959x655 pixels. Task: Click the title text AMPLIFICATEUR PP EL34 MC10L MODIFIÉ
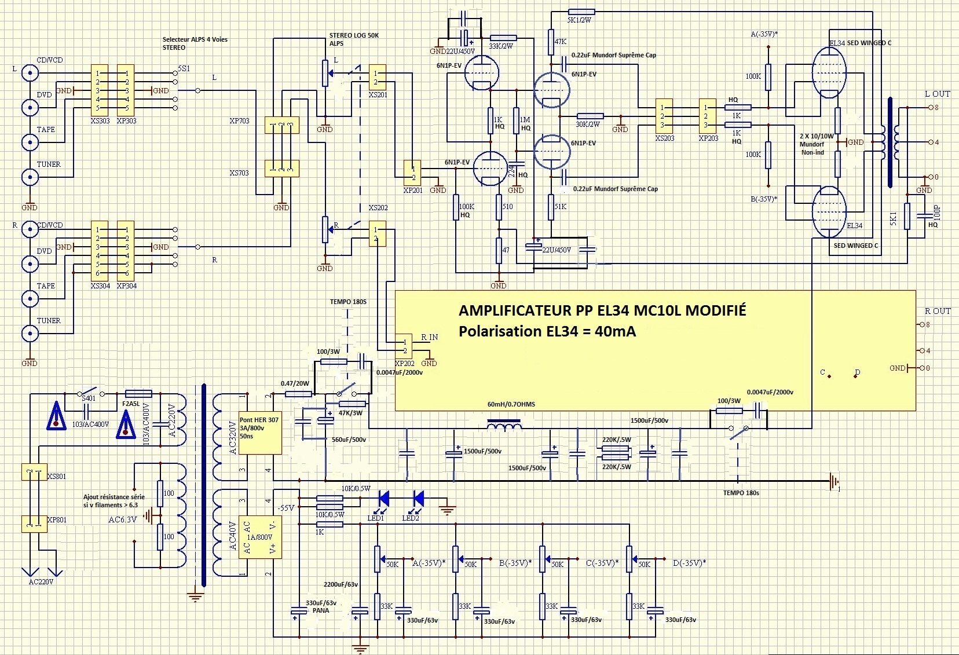pyautogui.click(x=602, y=310)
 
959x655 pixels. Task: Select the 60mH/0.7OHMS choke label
pyautogui.click(x=511, y=404)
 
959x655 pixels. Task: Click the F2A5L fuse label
pyautogui.click(x=131, y=404)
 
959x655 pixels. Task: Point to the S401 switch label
pyautogui.click(x=89, y=398)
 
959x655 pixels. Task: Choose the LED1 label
pyautogui.click(x=376, y=518)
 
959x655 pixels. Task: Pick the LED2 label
pyautogui.click(x=411, y=518)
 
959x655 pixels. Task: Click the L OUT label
pyautogui.click(x=937, y=94)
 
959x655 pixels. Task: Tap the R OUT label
pyautogui.click(x=938, y=311)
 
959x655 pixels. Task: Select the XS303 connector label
pyautogui.click(x=100, y=121)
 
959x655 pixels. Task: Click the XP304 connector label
pyautogui.click(x=127, y=286)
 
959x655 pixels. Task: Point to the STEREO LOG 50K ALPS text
pyautogui.click(x=354, y=39)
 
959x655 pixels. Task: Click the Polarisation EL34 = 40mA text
pyautogui.click(x=547, y=331)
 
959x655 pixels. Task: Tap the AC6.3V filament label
pyautogui.click(x=123, y=519)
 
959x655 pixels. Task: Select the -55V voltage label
pyautogui.click(x=286, y=507)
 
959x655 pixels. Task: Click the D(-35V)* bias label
pyautogui.click(x=689, y=563)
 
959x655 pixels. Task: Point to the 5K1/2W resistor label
pyautogui.click(x=579, y=20)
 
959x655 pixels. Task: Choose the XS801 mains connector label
pyautogui.click(x=57, y=477)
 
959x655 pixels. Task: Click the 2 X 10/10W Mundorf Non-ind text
pyautogui.click(x=817, y=144)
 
